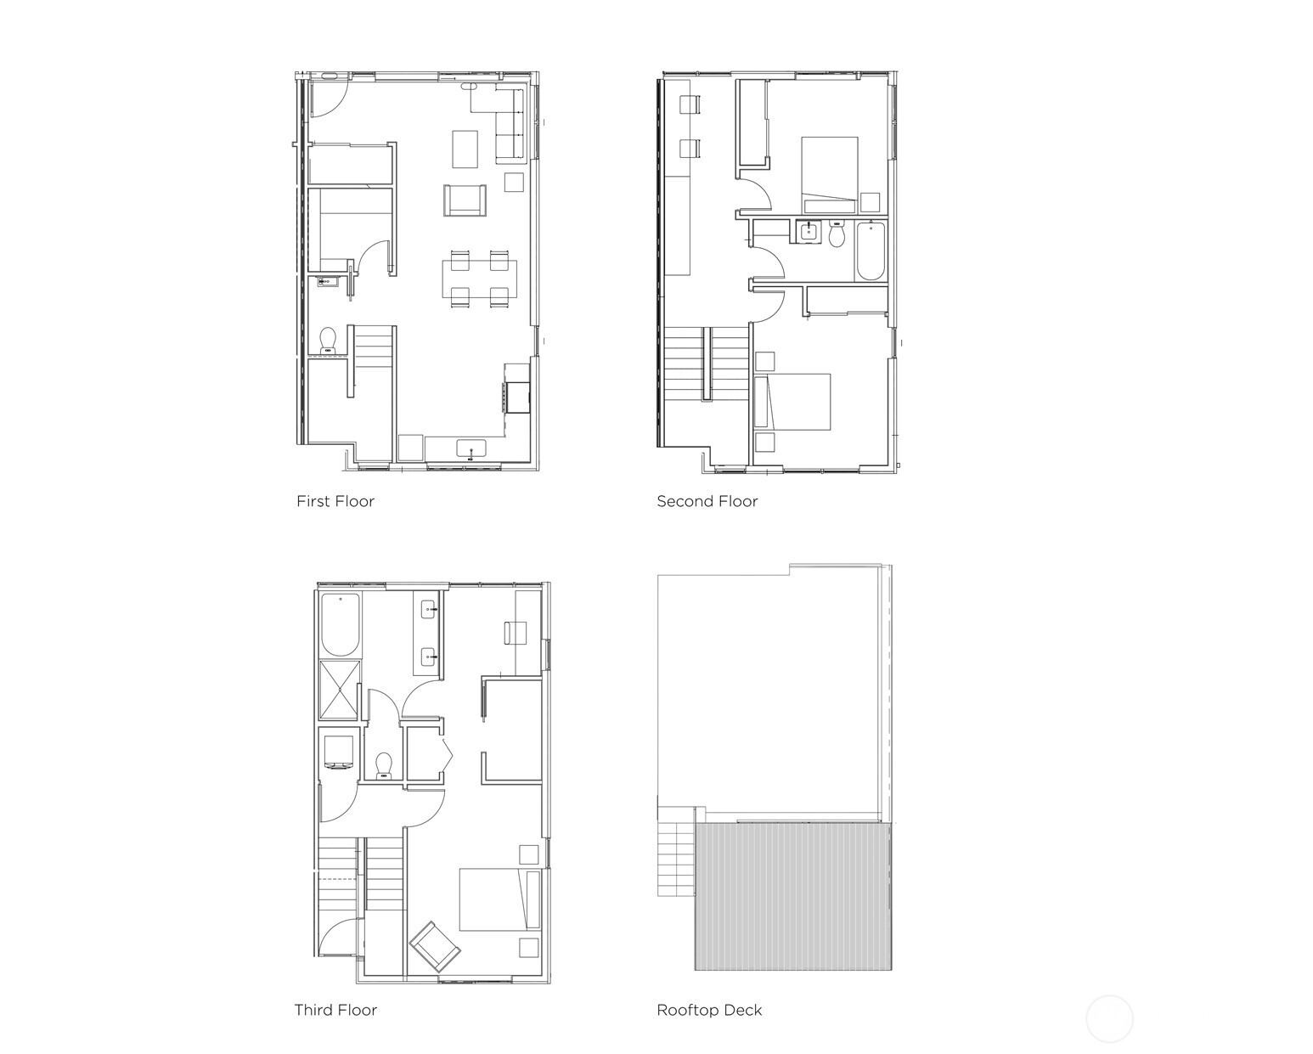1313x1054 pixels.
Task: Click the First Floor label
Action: click(x=335, y=501)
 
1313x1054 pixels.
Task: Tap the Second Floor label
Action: click(x=707, y=501)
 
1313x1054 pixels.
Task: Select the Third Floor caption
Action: click(x=335, y=1010)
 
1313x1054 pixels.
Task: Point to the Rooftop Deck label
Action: click(x=709, y=1010)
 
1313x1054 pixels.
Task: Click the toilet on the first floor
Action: click(x=328, y=341)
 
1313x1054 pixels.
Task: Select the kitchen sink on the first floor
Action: click(x=471, y=448)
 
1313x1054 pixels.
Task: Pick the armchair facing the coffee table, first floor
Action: click(x=465, y=200)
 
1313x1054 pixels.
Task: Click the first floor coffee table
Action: click(x=465, y=149)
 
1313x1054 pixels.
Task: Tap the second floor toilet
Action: click(x=837, y=234)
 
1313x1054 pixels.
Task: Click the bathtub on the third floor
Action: click(x=340, y=624)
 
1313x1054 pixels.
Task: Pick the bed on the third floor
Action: click(x=499, y=899)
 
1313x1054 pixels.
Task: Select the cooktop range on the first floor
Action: click(x=517, y=396)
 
